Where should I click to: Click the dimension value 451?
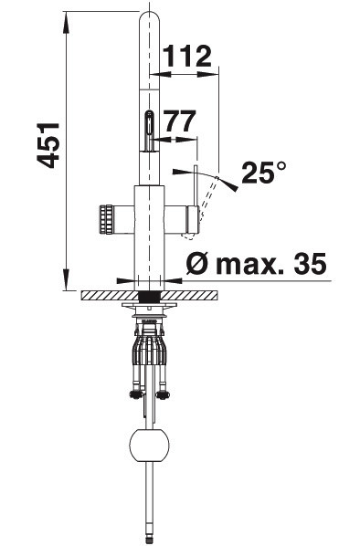click(48, 145)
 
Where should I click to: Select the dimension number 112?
click(187, 56)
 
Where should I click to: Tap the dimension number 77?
click(180, 121)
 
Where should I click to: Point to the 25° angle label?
click(263, 173)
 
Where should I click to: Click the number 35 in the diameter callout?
click(310, 263)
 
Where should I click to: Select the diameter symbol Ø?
click(198, 263)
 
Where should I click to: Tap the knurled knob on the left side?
click(106, 219)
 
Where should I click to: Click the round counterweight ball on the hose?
click(149, 446)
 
